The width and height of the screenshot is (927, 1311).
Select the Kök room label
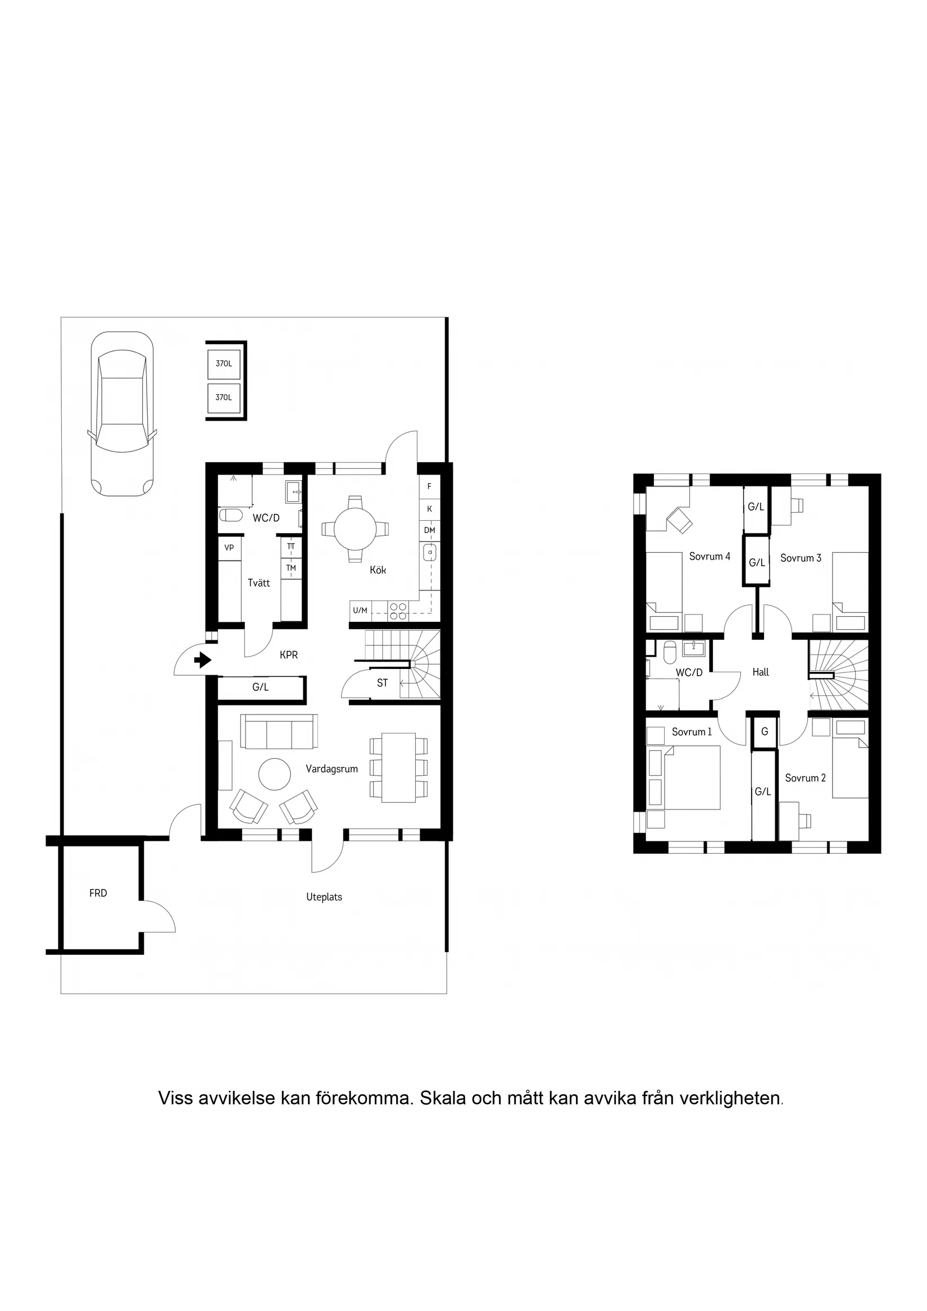click(378, 570)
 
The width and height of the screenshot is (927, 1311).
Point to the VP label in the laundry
click(229, 548)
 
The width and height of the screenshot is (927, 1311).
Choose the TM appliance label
click(291, 568)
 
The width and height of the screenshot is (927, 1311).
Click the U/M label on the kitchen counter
click(360, 611)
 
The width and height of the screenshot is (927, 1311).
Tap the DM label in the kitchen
click(430, 530)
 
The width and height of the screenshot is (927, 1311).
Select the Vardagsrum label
click(332, 769)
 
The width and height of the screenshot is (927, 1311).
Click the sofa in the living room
click(279, 731)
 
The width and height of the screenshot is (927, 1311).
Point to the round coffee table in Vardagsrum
click(275, 773)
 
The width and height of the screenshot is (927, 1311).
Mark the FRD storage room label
click(98, 893)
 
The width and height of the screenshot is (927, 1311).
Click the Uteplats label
click(324, 897)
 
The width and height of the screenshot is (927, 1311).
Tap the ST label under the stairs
click(382, 683)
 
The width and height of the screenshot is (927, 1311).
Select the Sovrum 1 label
click(691, 732)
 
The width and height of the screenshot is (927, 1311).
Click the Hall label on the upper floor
click(760, 672)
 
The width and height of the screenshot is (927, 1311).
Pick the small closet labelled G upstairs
click(764, 732)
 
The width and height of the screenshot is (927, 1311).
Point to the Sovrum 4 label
click(710, 556)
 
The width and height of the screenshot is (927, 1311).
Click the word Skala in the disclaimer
click(442, 1098)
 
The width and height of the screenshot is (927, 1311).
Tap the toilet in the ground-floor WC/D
click(231, 516)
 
